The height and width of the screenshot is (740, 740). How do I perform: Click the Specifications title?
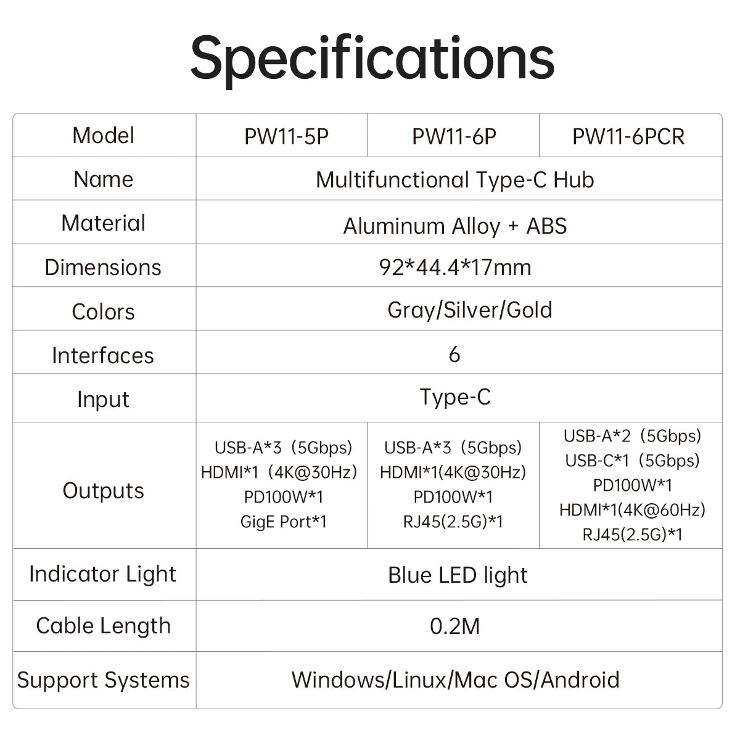372,60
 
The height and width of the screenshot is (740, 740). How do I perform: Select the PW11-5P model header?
287,136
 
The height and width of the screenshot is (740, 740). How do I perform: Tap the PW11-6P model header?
454,136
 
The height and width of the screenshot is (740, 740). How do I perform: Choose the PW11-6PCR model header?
628,136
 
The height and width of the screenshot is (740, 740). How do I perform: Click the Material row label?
104,223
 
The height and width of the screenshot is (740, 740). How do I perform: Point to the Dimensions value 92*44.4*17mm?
455,267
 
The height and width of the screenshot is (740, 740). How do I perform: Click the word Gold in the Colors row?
530,310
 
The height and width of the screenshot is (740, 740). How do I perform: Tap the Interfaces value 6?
454,354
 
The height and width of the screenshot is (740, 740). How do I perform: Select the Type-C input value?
455,397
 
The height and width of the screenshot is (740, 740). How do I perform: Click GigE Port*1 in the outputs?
284,522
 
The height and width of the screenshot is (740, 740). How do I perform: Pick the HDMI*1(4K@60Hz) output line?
632,509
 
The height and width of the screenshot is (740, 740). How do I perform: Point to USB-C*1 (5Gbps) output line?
632,461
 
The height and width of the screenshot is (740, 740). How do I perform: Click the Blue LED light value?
458,575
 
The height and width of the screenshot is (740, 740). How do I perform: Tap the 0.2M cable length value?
454,627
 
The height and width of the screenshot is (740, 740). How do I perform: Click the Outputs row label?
104,490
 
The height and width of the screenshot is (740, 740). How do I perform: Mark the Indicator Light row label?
102,574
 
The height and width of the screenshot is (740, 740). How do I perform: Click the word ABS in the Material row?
546,226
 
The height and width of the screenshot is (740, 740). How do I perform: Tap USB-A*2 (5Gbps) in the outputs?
632,436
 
